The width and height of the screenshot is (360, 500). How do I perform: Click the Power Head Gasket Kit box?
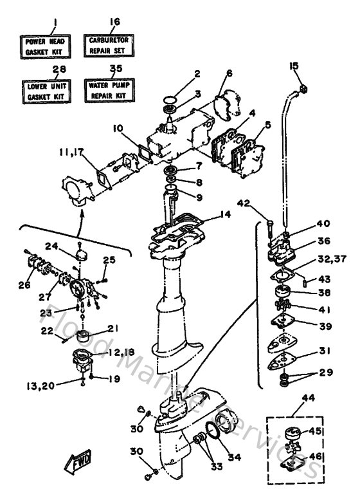tap(44, 46)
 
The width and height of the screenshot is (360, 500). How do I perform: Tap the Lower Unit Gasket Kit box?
tap(44, 91)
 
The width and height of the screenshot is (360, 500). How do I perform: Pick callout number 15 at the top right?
tap(294, 66)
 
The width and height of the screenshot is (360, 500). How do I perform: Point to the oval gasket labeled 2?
tap(170, 101)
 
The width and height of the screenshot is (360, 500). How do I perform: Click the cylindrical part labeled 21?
tap(82, 337)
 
